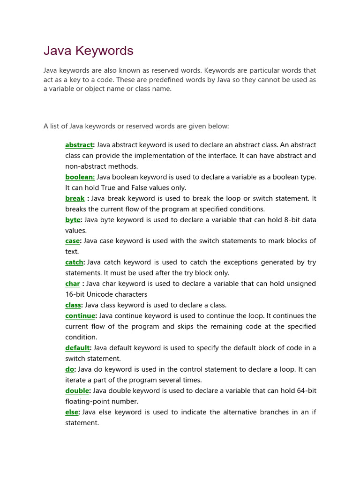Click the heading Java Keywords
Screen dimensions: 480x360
click(89, 51)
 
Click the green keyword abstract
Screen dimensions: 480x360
click(79, 145)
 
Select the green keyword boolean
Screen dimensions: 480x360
click(80, 177)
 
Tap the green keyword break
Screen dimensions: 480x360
click(75, 199)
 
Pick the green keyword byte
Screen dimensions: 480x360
click(73, 220)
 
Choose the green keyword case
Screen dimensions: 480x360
click(73, 241)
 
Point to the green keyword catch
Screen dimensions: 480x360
click(74, 262)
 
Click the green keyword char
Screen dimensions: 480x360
click(73, 284)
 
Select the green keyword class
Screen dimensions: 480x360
click(73, 305)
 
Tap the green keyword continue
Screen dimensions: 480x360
click(80, 316)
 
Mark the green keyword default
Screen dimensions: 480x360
click(77, 348)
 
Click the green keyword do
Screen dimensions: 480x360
click(69, 369)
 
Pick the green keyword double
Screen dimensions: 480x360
click(77, 391)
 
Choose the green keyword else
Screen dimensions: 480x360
click(72, 412)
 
